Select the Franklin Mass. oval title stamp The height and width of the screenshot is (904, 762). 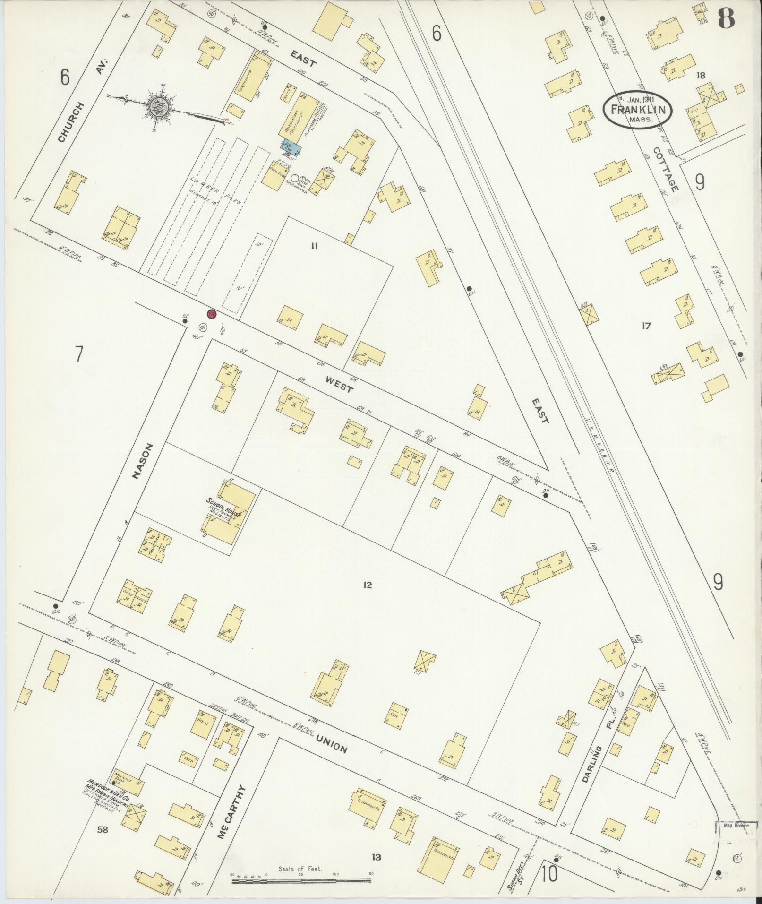637,109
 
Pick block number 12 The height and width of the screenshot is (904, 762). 368,585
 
